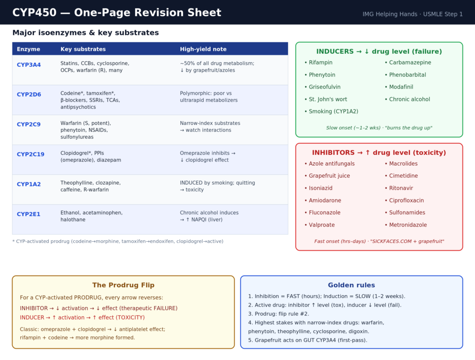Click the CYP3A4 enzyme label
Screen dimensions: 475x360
(29, 64)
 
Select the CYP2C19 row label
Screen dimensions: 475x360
(31, 154)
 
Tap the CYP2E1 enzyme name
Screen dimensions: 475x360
(28, 214)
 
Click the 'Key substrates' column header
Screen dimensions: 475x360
(83, 49)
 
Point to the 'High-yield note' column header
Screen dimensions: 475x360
(203, 49)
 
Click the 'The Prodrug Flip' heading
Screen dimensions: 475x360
(123, 285)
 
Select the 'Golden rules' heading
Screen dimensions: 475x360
(352, 285)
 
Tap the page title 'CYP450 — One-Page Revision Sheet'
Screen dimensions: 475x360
(116, 13)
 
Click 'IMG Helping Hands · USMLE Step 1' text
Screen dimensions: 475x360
(412, 14)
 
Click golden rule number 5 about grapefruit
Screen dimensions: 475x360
(308, 341)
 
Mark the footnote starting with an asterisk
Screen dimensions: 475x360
(118, 242)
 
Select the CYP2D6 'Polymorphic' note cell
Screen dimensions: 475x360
(209, 96)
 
